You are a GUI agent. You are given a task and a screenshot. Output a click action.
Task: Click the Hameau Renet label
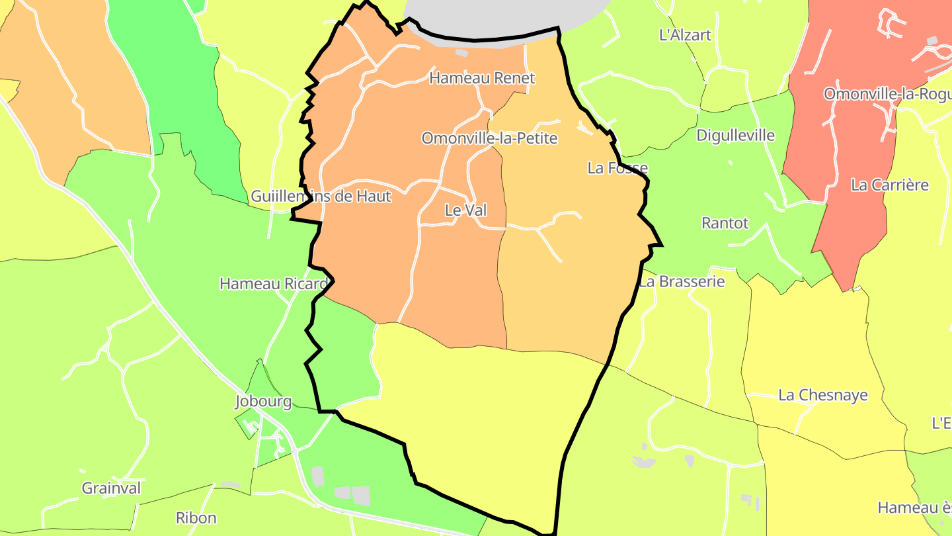[482, 78]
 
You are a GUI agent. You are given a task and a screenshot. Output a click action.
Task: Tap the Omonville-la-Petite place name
[489, 138]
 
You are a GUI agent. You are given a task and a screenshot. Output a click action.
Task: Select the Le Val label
[465, 210]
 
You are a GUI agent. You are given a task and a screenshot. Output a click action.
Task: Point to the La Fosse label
[617, 168]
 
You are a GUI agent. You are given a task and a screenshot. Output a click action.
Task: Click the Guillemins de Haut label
[321, 197]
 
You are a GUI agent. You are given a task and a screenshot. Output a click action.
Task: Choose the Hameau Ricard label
[273, 284]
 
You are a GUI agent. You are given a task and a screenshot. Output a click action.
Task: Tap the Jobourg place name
[263, 402]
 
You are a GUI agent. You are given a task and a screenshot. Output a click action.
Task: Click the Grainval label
[111, 488]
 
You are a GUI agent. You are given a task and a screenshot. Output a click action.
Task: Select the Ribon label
[196, 517]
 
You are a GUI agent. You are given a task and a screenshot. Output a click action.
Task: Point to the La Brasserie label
[682, 282]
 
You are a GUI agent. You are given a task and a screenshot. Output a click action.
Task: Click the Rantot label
[725, 223]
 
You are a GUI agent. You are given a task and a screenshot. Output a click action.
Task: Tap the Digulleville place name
[735, 136]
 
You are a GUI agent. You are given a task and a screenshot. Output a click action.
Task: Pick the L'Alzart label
[685, 35]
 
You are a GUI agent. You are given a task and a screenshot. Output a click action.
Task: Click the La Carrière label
[890, 185]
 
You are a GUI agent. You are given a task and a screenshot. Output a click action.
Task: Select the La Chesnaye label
[822, 396]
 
